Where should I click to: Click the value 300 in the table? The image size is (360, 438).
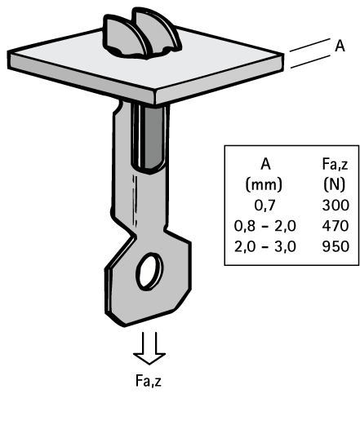tap(336, 205)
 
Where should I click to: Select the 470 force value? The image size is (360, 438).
tap(336, 226)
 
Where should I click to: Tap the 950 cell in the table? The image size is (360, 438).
tap(336, 246)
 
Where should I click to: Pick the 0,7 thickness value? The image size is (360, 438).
tap(265, 206)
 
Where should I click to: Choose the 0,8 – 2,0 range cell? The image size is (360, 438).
tap(265, 226)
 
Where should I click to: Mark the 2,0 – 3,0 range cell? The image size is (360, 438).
tap(265, 246)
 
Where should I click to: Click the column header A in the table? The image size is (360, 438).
tap(265, 164)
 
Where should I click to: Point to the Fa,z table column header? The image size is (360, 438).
tap(336, 164)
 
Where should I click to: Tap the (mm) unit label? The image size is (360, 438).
tap(264, 184)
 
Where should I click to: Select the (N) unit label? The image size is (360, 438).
tap(335, 184)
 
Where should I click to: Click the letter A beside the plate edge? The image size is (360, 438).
tap(340, 46)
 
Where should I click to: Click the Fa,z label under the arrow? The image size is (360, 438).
tap(149, 381)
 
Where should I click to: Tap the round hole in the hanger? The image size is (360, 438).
tap(149, 271)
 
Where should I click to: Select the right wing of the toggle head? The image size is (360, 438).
tap(158, 31)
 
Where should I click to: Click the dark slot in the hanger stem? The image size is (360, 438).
tap(152, 137)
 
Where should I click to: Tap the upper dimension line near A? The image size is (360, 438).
tap(309, 45)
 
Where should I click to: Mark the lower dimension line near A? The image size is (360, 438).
tap(310, 62)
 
